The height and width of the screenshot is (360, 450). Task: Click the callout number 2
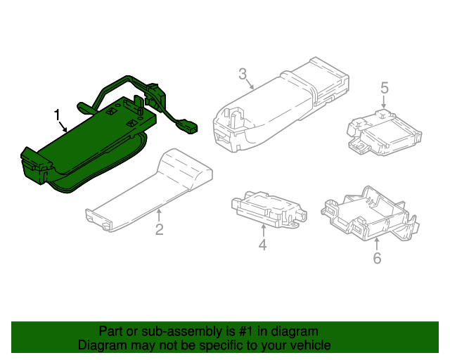[x=159, y=230]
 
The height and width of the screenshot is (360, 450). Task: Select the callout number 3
[x=243, y=74]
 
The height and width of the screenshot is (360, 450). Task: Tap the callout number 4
[x=262, y=245]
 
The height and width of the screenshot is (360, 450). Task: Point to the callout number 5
[x=385, y=88]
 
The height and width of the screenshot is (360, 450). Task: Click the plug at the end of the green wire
[x=189, y=128]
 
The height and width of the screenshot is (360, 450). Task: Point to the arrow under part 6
[x=377, y=244]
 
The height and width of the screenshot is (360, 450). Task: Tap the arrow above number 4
[x=262, y=231]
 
